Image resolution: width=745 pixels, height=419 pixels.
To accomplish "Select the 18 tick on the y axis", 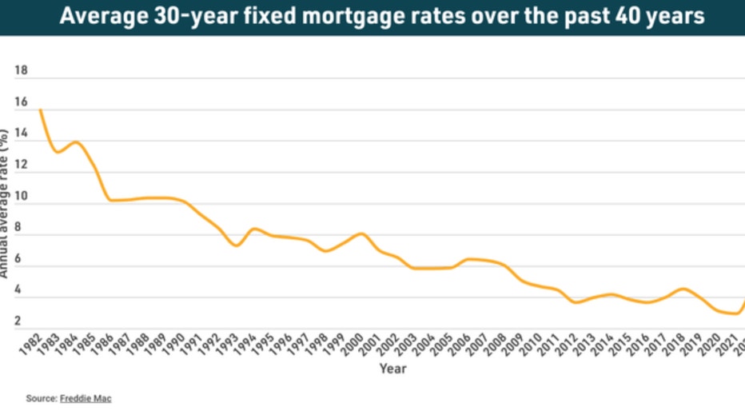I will point(22,71).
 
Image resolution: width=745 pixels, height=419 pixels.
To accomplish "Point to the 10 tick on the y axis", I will point(22,197).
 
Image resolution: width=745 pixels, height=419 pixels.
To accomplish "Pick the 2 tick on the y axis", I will point(17,321).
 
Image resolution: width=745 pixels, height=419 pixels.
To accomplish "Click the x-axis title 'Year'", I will point(392,369).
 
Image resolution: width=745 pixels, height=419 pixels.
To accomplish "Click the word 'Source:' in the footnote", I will point(42,398).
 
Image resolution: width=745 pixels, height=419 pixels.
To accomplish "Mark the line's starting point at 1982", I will point(40,110).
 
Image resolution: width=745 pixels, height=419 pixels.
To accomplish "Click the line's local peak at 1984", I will point(76,142).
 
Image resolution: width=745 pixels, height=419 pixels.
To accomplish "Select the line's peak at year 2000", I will point(362,233).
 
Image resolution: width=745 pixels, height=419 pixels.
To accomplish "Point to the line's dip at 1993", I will point(237,245).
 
